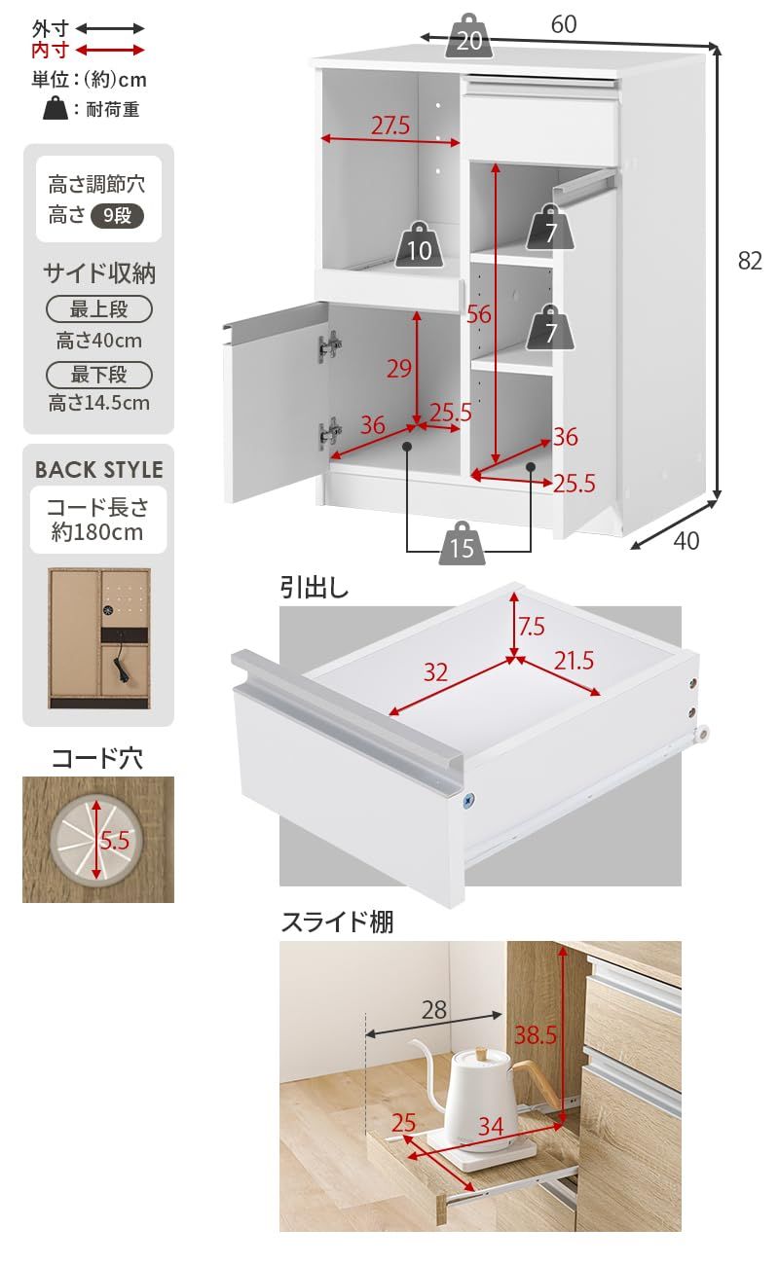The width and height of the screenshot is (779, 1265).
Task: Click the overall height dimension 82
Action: coord(748,261)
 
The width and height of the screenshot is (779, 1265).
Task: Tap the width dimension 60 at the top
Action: coord(563,25)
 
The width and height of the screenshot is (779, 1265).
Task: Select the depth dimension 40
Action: coord(686,541)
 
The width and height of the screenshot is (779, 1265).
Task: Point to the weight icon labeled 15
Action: coord(463,545)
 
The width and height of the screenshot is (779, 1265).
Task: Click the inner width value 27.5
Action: coord(389,126)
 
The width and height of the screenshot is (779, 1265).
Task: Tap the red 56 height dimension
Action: coord(478,313)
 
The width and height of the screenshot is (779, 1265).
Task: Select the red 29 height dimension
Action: coord(399,368)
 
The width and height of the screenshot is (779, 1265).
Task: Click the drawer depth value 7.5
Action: coord(532,627)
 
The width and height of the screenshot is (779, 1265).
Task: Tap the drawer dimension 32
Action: coord(435,671)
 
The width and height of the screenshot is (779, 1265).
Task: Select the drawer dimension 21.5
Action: coord(574,662)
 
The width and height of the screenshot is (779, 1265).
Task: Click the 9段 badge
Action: coord(117,216)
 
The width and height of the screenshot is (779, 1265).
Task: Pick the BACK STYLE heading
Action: coord(98,470)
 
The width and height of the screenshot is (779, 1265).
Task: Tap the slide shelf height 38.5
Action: coord(536,1035)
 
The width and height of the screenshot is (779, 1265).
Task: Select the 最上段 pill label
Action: coord(99,310)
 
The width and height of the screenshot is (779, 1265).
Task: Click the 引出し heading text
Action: coord(315,588)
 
